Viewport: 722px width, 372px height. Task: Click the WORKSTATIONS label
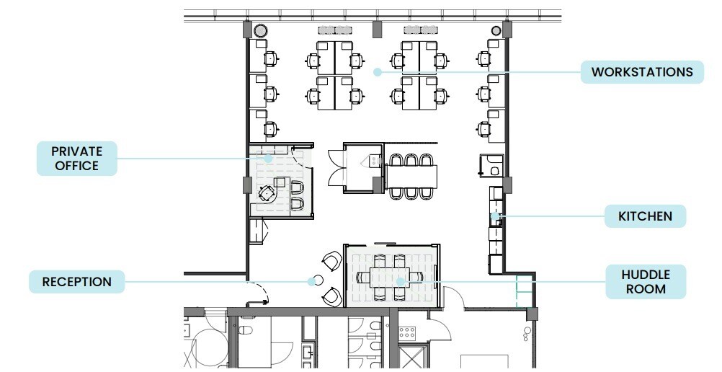642,72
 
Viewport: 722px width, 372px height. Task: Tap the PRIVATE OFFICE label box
77,159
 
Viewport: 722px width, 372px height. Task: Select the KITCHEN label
645,216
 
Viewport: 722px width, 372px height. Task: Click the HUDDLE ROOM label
645,281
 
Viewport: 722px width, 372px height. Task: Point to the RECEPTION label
76,281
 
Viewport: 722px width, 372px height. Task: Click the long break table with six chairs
411,175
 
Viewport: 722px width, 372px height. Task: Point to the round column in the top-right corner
496,30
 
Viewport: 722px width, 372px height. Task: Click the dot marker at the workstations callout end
375,71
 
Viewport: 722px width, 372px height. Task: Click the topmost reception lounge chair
332,261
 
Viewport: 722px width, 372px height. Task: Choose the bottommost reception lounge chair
331,296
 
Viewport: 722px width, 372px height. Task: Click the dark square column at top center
375,30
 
